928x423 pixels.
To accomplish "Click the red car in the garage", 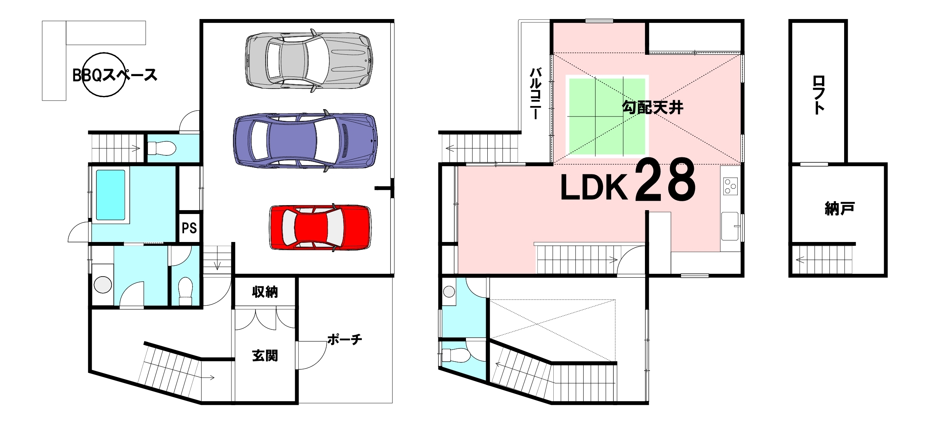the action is pos(320,227).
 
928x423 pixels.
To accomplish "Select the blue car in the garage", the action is pos(305,140).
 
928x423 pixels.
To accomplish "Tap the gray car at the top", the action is pos(309,61).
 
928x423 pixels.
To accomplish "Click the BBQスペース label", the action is pos(115,75).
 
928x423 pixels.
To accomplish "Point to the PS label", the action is pos(189,228).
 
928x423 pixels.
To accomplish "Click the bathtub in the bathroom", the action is pos(111,195).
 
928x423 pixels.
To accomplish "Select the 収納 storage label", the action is pos(265,292).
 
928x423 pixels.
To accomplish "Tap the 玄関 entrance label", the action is pos(265,355).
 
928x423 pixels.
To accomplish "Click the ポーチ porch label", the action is pos(345,339).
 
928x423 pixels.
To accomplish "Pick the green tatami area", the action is pos(607,117).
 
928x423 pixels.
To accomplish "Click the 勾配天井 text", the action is pos(653,107).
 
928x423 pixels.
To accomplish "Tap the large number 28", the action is pos(665,180).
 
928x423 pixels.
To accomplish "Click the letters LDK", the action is pos(594,187).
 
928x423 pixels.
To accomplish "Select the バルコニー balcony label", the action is pos(535,93).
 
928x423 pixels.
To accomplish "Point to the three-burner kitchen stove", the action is pos(730,186).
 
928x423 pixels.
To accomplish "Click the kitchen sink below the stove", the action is pos(730,226).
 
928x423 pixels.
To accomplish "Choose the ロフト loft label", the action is pos(819,95).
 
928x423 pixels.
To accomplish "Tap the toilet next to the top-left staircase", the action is pos(162,148).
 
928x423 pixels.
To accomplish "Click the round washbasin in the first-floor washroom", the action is pos(103,285).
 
